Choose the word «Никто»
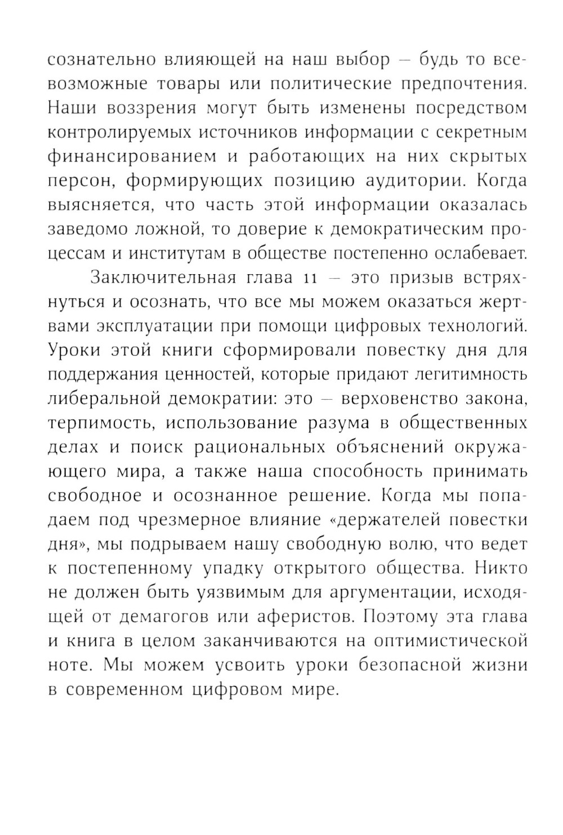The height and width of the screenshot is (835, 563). tap(501, 569)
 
